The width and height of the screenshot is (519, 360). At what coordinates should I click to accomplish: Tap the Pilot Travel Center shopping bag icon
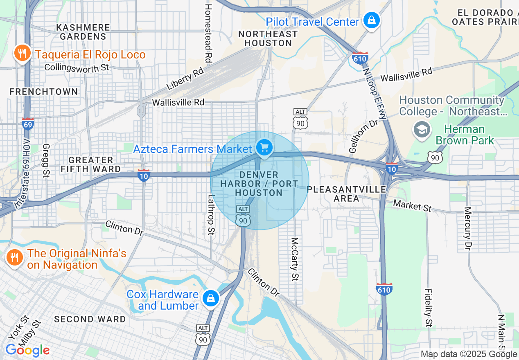371,20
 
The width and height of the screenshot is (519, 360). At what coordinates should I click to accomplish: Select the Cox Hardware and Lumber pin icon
210,299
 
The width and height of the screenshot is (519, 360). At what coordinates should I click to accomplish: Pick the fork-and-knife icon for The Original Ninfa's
15,257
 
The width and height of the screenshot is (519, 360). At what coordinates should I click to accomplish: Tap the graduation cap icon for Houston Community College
421,129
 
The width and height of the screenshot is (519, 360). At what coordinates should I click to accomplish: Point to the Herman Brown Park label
465,135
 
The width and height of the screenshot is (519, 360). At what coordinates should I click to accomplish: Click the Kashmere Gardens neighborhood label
83,32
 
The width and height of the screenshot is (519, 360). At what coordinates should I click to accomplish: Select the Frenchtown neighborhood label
44,92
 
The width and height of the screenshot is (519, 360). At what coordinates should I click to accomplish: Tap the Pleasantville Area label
347,194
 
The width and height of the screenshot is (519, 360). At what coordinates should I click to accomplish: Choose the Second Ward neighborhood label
90,319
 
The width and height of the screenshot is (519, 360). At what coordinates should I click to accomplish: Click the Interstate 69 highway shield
27,124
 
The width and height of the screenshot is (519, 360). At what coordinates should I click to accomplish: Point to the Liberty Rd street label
185,79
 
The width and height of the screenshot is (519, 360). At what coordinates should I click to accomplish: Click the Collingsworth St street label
77,67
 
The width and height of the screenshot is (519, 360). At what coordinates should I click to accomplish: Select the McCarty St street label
294,259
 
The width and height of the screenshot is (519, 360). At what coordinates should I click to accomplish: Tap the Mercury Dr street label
468,228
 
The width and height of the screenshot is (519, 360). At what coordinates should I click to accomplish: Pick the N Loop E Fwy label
375,93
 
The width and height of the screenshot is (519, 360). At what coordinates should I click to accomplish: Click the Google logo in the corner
27,350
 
